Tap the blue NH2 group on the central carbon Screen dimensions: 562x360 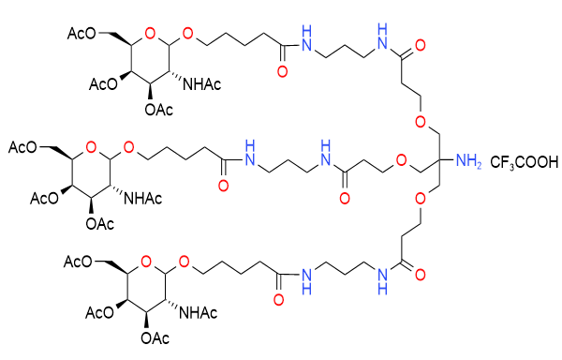tap(467, 165)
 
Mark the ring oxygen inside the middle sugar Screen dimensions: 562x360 tap(90, 147)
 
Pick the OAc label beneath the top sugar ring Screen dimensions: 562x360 tap(158, 111)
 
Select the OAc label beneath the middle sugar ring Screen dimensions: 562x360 tap(100, 222)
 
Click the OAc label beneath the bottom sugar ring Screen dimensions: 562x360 tap(158, 335)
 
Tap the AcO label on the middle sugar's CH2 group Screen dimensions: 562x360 tap(23, 146)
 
